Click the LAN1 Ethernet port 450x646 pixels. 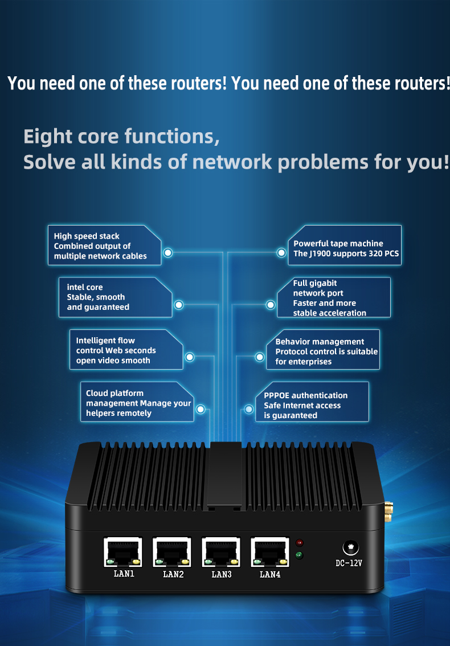pos(123,551)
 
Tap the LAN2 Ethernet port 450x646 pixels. pos(172,551)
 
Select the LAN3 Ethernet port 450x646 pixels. pos(221,551)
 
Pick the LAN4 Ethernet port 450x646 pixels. pos(270,551)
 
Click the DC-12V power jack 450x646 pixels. pos(350,548)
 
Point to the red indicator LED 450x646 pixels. pos(300,542)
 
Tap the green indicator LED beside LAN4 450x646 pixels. pos(300,555)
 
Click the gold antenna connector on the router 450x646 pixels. pos(388,512)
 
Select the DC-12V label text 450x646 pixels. pos(349,563)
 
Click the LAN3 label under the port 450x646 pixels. pos(221,574)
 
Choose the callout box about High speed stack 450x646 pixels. pos(104,245)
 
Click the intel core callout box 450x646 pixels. pos(116,297)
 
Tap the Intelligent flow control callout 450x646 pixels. pos(126,349)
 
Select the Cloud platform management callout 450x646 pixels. pos(137,402)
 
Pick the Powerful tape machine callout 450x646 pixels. pos(345,245)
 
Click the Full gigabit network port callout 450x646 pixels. pos(334,297)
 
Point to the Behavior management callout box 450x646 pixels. pos(323,349)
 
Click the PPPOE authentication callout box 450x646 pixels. pos(312,402)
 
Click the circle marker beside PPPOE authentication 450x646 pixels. pos(249,409)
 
